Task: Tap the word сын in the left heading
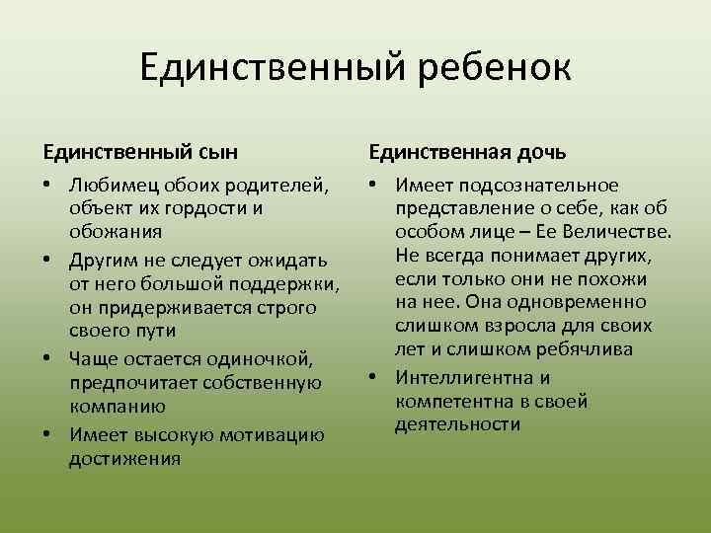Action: (x=223, y=152)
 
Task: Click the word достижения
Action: (x=124, y=459)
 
